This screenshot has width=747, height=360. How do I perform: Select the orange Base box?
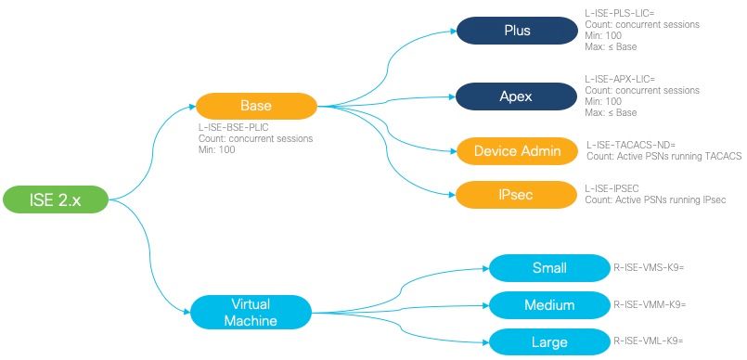click(x=256, y=105)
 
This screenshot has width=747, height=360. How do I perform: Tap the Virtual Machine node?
click(x=251, y=311)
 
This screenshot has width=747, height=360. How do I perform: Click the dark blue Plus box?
click(x=516, y=31)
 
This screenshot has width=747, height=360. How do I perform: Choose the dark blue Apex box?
click(x=516, y=96)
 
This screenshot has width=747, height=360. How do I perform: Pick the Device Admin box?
click(x=516, y=150)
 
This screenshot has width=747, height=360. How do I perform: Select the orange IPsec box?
click(x=516, y=194)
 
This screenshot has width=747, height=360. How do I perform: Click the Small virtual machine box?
click(x=549, y=269)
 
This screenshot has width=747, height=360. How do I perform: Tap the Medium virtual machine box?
click(x=549, y=304)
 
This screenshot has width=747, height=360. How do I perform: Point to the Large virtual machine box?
click(x=549, y=341)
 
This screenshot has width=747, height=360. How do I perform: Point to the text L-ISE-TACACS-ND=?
click(x=632, y=146)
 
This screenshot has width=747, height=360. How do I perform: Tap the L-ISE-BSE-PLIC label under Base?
click(x=238, y=128)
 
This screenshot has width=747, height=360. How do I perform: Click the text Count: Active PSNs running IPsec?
click(x=654, y=200)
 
